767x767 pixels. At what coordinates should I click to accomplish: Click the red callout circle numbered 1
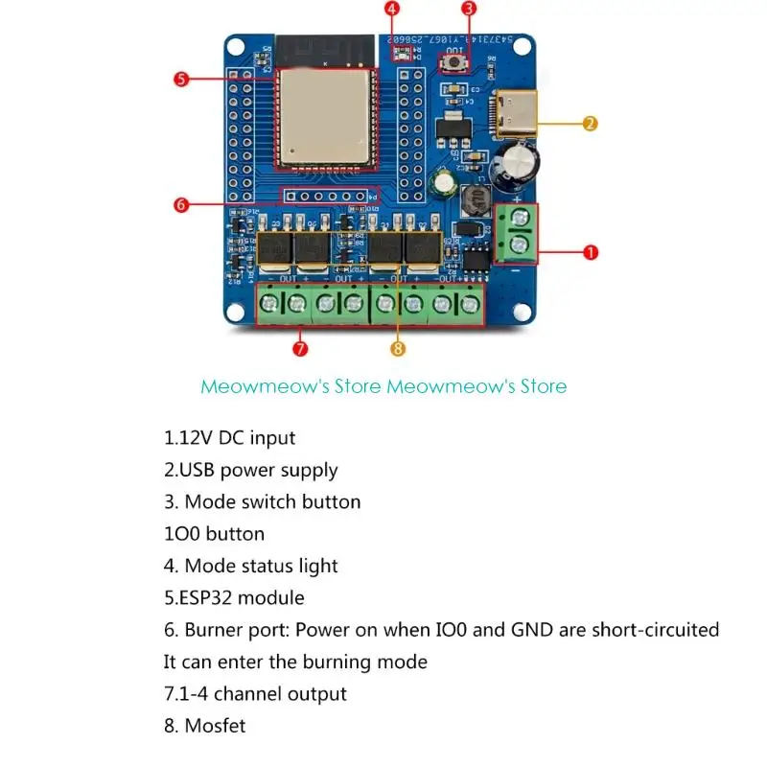591,252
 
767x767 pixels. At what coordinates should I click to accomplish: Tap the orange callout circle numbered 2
591,123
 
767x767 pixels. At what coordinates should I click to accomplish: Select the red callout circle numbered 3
469,9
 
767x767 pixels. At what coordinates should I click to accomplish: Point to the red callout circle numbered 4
392,9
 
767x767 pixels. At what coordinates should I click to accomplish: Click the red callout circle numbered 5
182,79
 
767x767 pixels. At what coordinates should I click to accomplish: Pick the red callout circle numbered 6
182,204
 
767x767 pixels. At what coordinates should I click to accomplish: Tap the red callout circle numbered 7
300,349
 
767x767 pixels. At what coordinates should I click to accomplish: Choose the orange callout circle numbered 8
398,349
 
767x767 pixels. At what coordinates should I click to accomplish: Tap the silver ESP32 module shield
323,115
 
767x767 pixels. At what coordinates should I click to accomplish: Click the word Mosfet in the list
215,726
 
